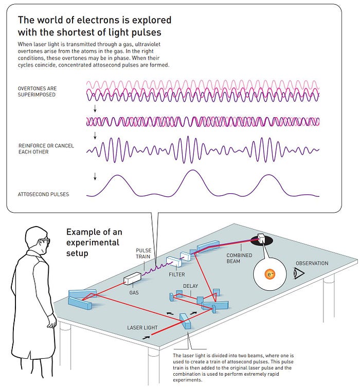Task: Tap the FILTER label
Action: [177, 274]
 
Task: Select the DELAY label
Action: [190, 286]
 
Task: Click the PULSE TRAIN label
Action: [143, 253]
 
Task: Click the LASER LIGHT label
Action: [142, 327]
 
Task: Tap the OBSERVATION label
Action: [311, 263]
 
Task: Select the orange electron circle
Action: [271, 275]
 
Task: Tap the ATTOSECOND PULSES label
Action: [43, 194]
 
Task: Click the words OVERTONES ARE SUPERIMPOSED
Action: [37, 91]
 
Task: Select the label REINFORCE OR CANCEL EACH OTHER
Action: [46, 149]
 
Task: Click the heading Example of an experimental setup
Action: [94, 242]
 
